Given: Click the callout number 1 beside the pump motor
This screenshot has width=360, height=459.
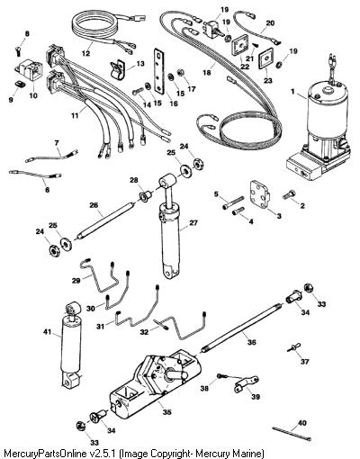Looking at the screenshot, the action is point(292,92).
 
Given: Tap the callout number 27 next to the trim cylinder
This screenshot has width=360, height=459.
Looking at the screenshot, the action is point(193,222).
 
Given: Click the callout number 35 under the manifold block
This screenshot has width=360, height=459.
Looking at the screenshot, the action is point(166,412).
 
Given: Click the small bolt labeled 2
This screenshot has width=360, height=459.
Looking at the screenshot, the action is point(289,194).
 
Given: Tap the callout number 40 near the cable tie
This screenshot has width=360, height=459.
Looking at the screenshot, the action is point(302,423).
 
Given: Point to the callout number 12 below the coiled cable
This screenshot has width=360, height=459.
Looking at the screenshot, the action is point(85,54).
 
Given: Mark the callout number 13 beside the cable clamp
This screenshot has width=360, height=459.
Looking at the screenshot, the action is point(140,64).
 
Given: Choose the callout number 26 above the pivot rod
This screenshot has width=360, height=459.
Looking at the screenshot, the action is point(94,205).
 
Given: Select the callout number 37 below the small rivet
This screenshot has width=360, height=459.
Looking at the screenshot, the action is point(305,362).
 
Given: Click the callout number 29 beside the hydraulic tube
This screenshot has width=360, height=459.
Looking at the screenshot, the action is point(76,281).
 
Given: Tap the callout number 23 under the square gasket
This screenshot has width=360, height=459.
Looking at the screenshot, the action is point(268,81).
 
